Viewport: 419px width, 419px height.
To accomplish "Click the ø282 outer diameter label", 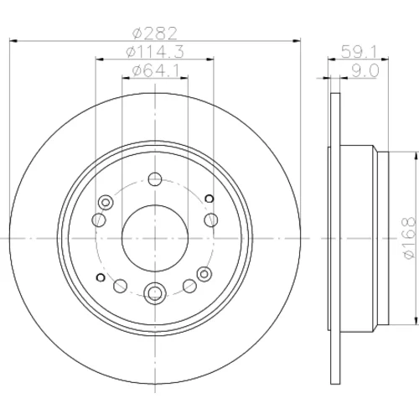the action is (x=155, y=34).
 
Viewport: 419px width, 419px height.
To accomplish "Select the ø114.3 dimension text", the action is (x=155, y=52).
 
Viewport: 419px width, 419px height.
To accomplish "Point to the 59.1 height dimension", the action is (x=360, y=52).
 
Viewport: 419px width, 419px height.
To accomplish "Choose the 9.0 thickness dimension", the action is (x=365, y=70).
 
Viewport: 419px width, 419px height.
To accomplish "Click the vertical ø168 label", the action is (x=410, y=238).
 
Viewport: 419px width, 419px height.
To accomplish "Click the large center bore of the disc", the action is (x=155, y=238).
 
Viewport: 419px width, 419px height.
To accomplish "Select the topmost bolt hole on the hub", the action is (x=155, y=179).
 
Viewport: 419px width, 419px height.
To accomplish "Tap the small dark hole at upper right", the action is (x=209, y=199).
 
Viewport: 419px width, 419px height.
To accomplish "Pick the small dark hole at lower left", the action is (x=101, y=277).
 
